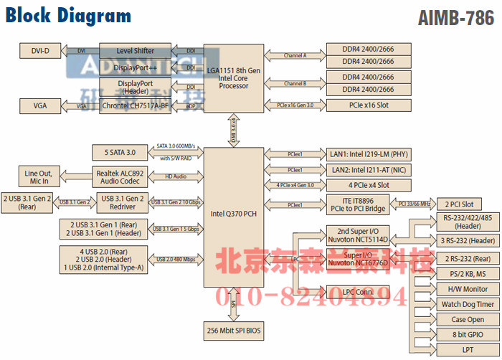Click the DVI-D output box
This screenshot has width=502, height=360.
pyautogui.click(x=39, y=50)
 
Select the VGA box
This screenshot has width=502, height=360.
pyautogui.click(x=39, y=105)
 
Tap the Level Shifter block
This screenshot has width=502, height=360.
pyautogui.click(x=136, y=50)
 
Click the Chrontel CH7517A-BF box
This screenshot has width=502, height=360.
pyautogui.click(x=136, y=105)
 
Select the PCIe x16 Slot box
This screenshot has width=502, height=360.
pyautogui.click(x=368, y=105)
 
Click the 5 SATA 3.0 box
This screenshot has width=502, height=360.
pyautogui.click(x=114, y=152)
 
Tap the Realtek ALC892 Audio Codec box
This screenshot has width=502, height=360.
pyautogui.click(x=120, y=176)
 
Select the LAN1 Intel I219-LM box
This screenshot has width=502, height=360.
pyautogui.click(x=368, y=154)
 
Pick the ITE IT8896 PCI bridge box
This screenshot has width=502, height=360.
pyautogui.click(x=358, y=204)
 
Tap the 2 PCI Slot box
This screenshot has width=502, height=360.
pyautogui.click(x=459, y=204)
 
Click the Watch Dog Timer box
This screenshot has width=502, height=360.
pyautogui.click(x=468, y=304)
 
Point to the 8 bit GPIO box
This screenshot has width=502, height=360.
pyautogui.click(x=468, y=334)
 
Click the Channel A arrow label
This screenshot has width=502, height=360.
pyautogui.click(x=294, y=55)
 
